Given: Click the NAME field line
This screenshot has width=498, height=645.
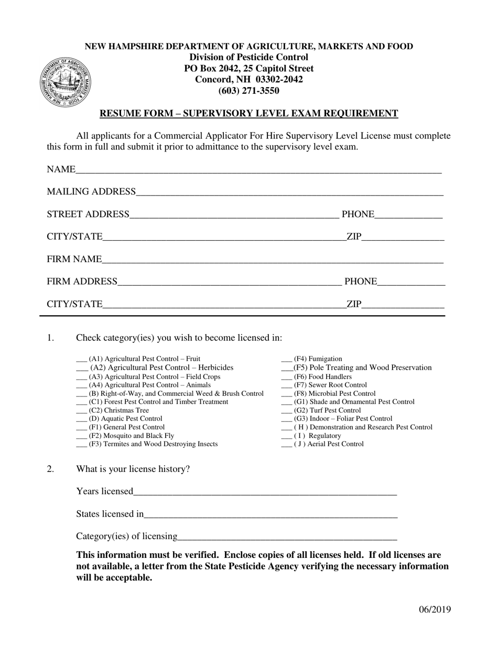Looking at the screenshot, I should (x=258, y=171).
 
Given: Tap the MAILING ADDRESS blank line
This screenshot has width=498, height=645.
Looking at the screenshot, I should (x=289, y=193).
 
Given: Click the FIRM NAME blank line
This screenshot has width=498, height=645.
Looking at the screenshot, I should (x=273, y=260).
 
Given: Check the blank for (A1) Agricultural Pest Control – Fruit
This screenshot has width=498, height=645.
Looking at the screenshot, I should (x=81, y=360).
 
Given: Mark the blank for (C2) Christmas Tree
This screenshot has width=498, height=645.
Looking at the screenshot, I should (x=81, y=412).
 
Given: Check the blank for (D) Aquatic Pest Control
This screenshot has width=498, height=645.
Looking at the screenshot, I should (x=81, y=420).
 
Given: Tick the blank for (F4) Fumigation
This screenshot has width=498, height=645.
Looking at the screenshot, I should (x=286, y=360).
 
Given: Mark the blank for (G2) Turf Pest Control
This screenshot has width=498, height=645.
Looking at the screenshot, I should (x=286, y=412).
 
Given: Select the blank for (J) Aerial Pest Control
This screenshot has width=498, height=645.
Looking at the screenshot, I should (x=286, y=445).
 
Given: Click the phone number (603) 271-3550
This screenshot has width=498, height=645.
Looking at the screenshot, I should (x=248, y=91).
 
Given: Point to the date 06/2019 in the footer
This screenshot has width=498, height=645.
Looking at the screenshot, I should (x=435, y=609).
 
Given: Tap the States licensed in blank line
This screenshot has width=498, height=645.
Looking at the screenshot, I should (x=270, y=515).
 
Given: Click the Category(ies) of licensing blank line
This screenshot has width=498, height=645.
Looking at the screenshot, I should (x=287, y=537).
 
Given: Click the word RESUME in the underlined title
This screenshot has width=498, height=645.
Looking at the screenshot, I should (x=117, y=113).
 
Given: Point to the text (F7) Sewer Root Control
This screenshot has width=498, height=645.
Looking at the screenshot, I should (x=330, y=385).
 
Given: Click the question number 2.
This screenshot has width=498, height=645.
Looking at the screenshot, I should (x=50, y=469).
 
